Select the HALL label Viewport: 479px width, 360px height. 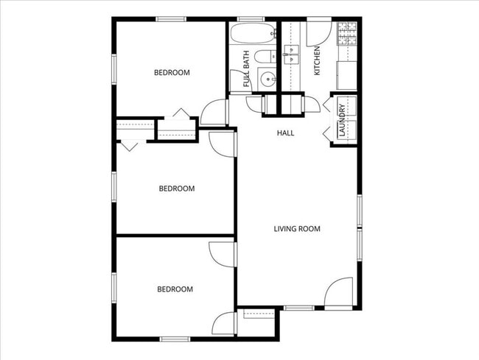tap(285, 133)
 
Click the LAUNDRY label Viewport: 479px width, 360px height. tap(342, 120)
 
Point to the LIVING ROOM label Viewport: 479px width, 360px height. tap(297, 229)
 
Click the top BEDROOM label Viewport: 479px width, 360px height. tap(172, 72)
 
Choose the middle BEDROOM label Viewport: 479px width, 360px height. tap(177, 188)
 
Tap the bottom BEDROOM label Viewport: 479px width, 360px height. tap(175, 289)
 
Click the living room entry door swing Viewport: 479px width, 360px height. tap(340, 292)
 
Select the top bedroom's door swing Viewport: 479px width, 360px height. tap(214, 113)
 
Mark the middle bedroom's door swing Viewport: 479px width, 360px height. tap(222, 143)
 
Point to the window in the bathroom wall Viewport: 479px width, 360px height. tap(250, 18)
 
